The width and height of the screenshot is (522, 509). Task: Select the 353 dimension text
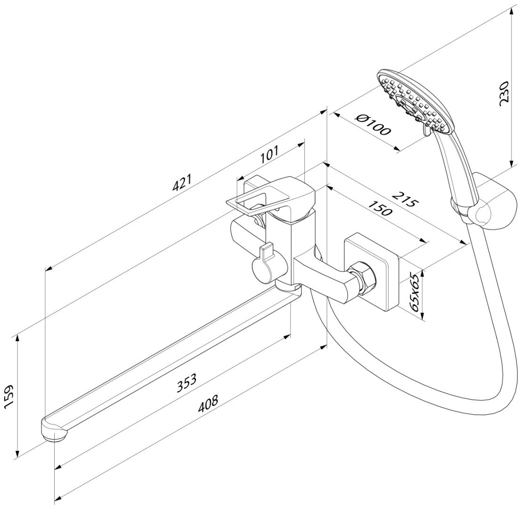coord(187,383)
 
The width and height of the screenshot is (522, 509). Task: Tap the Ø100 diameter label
coord(372,125)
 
